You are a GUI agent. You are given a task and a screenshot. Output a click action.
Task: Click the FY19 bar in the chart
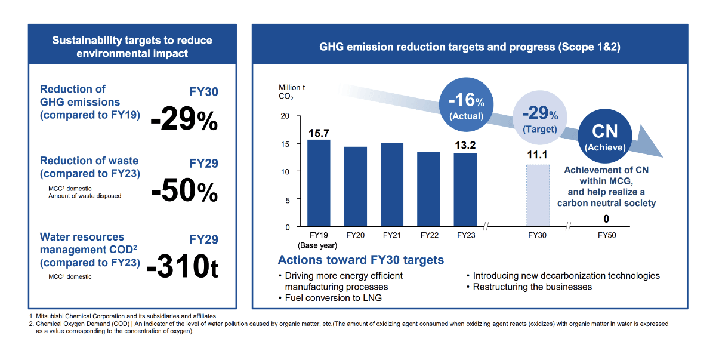coord(318,183)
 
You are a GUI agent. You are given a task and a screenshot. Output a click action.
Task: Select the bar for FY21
coord(392,185)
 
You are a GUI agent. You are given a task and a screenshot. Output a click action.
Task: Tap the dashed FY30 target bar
coord(538,196)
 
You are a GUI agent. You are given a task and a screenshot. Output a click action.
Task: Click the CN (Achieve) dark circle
coord(604,137)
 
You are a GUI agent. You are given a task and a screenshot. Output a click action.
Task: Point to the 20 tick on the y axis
coord(285,116)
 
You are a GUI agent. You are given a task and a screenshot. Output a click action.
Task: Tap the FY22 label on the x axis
coord(429,235)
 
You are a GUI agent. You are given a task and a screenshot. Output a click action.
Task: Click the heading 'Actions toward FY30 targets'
coord(360,260)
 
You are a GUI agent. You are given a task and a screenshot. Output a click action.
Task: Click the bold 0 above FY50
coord(606,219)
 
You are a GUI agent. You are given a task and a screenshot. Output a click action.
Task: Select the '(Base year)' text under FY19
coord(318,245)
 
